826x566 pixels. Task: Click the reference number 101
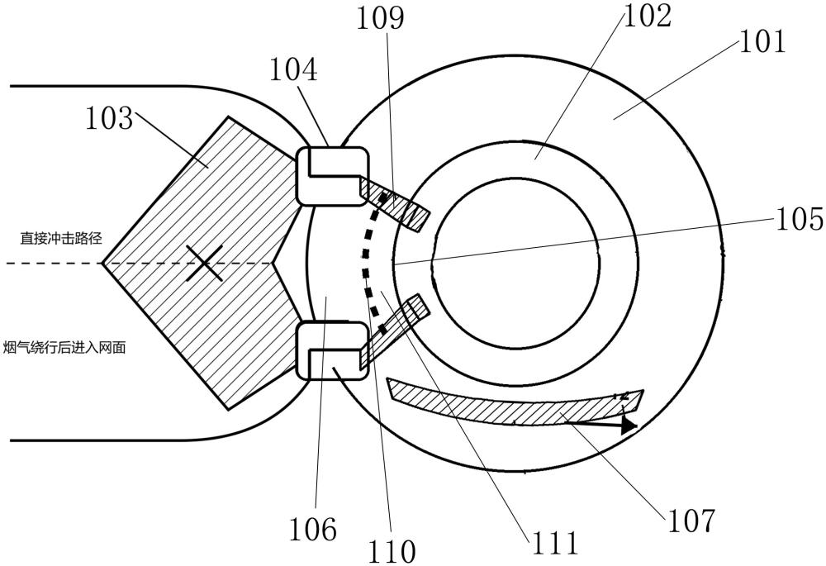pyautogui.click(x=762, y=41)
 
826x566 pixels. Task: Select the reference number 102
pyautogui.click(x=648, y=16)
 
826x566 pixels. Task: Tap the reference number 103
pyautogui.click(x=109, y=117)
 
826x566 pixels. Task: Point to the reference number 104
pyautogui.click(x=293, y=69)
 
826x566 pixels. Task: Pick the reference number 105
pyautogui.click(x=799, y=218)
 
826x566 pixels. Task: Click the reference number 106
pyautogui.click(x=313, y=529)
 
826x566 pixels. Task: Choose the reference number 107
pyautogui.click(x=691, y=521)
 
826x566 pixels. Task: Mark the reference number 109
pyautogui.click(x=381, y=18)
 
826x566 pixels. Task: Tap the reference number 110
pyautogui.click(x=392, y=551)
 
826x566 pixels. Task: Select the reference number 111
pyautogui.click(x=555, y=543)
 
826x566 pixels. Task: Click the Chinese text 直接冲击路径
pyautogui.click(x=61, y=238)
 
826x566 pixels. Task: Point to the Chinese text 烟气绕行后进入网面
pyautogui.click(x=64, y=347)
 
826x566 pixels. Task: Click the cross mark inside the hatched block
pyautogui.click(x=204, y=263)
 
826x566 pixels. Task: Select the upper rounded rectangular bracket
pyautogui.click(x=332, y=176)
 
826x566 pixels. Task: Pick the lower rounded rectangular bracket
pyautogui.click(x=332, y=350)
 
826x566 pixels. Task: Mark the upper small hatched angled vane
pyautogui.click(x=395, y=204)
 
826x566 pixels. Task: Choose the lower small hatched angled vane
pyautogui.click(x=395, y=331)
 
